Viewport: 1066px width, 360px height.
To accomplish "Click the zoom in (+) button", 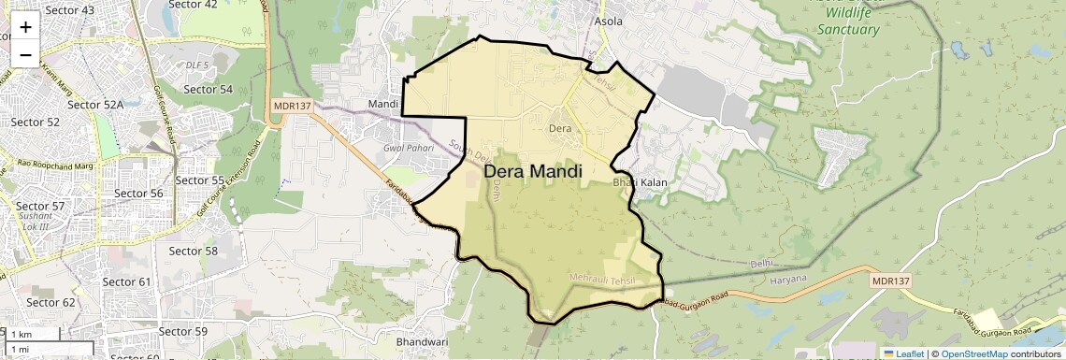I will point(25,27).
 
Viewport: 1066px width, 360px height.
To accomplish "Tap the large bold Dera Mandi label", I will point(533,172).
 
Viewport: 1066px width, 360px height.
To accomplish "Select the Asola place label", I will point(609,20).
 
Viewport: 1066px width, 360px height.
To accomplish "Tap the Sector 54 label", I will point(208,89).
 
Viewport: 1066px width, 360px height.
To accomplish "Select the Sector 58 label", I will point(193,251).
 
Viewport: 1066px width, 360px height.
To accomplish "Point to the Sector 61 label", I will point(126,281).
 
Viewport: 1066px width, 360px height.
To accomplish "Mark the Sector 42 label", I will point(192,5).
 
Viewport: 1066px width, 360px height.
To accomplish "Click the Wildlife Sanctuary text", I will point(848,29).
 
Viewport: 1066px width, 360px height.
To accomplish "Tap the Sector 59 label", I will point(183,331).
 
